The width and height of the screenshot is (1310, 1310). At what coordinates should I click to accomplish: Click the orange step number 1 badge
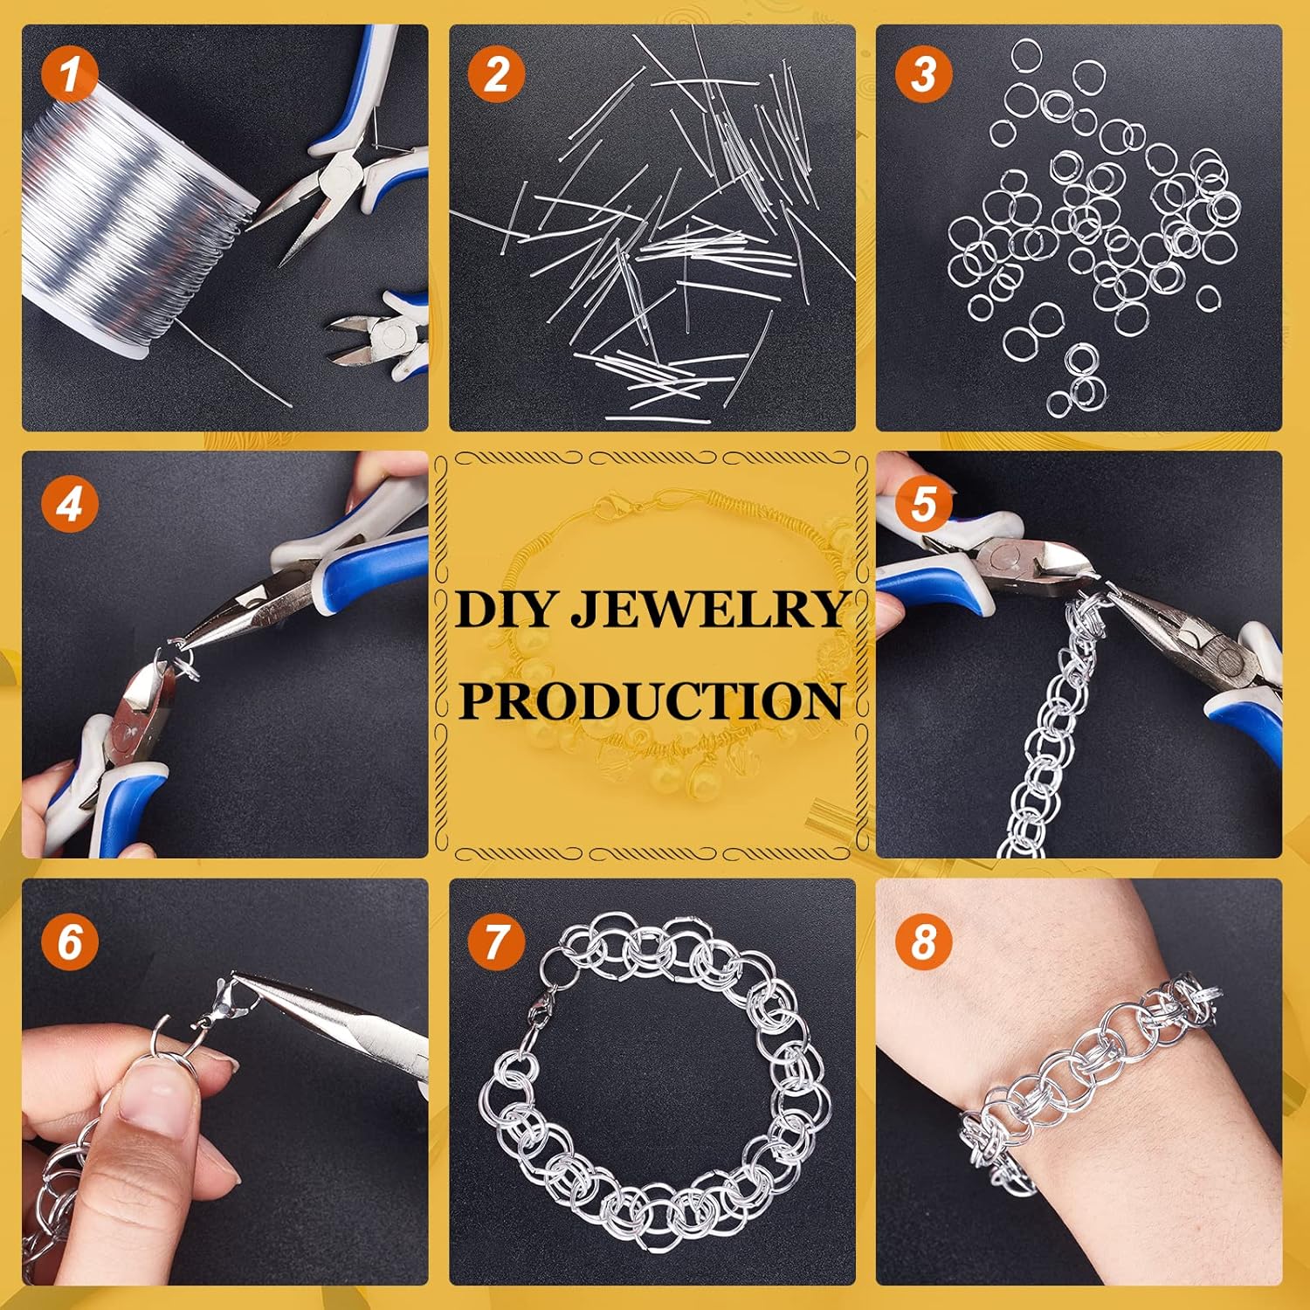coord(70,73)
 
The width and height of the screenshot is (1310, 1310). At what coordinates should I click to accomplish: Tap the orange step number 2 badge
coord(496,73)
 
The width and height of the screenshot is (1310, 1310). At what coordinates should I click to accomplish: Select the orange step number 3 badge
coord(923,73)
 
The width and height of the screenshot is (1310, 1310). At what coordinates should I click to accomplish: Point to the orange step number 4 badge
coord(70,504)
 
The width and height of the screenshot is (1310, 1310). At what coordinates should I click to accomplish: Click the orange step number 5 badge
coord(923,504)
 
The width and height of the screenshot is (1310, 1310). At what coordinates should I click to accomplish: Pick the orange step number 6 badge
coord(70,941)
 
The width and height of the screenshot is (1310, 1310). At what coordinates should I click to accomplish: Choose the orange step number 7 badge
coord(496,941)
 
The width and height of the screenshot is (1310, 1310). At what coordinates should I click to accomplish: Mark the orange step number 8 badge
coord(923,941)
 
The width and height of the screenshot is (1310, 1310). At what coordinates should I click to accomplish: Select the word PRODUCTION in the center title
coord(652,700)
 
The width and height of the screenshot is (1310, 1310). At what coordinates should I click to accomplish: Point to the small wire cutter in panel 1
coord(380,336)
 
